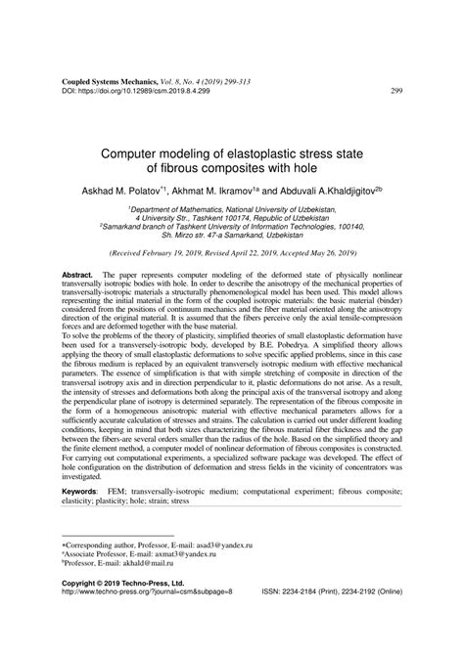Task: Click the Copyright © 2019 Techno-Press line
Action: [121, 609]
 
